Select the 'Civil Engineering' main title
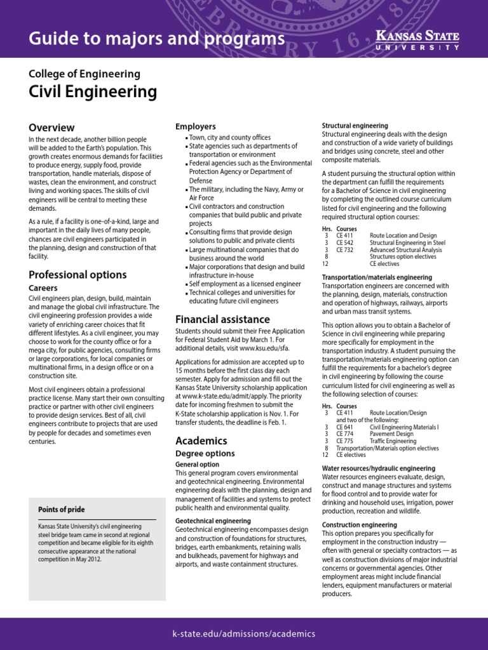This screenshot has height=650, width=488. (93, 92)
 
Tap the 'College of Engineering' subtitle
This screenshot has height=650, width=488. (85, 74)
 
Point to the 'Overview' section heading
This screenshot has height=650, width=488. (51, 128)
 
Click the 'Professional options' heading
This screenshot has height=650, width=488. (78, 275)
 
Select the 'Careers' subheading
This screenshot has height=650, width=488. (43, 288)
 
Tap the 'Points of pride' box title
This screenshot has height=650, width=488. (61, 510)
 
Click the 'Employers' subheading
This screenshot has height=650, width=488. (196, 127)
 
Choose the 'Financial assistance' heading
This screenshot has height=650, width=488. (222, 319)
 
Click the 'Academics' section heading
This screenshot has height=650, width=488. (201, 441)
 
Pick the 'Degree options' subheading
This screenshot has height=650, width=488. (205, 454)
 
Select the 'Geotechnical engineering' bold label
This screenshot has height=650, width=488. (213, 521)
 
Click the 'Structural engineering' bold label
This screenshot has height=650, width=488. (355, 126)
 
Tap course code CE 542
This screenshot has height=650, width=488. (344, 242)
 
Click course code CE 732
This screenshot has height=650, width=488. (344, 250)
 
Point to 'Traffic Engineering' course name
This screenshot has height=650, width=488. (393, 441)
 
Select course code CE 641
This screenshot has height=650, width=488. (344, 427)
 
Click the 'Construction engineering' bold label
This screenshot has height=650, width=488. (360, 525)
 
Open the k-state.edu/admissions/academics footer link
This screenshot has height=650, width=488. (244, 633)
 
